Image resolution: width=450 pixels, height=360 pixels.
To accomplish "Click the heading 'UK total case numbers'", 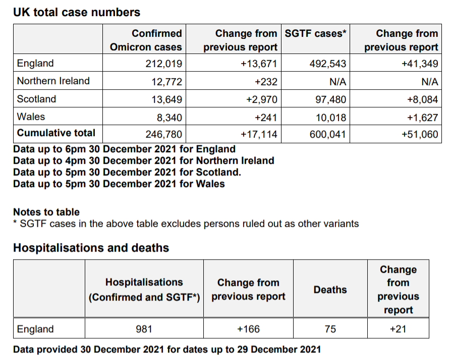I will (76, 12).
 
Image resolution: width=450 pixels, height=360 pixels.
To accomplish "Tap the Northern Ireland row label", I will (53, 81).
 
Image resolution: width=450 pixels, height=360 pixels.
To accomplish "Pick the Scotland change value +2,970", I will (261, 99).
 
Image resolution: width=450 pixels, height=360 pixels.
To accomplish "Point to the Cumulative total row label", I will (56, 133).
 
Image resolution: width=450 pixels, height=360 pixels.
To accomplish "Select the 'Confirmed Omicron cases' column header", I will (146, 40).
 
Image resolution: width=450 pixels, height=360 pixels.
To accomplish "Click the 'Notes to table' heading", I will (46, 212).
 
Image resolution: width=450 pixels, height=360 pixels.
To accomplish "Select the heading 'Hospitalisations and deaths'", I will (91, 248).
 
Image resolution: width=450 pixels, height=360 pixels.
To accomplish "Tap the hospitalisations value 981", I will (144, 329).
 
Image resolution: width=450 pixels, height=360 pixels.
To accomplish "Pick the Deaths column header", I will (330, 290).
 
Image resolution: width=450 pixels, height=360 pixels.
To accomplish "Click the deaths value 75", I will (330, 329).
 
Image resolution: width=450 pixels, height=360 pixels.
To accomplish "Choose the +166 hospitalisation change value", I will (248, 329).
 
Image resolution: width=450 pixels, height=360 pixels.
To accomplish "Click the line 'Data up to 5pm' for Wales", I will (119, 184).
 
